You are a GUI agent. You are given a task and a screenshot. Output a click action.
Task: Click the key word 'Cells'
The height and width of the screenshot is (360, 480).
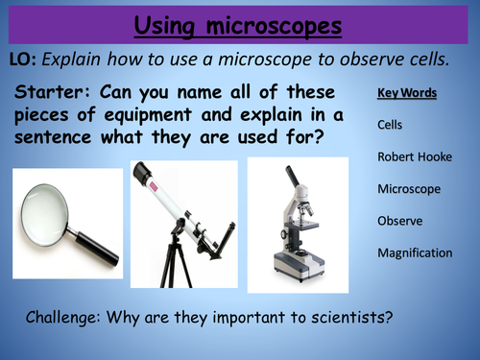(391, 125)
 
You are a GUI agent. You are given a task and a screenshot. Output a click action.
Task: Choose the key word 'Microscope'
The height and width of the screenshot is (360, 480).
(409, 189)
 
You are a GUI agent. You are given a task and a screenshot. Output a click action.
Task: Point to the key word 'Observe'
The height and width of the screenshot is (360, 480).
(400, 221)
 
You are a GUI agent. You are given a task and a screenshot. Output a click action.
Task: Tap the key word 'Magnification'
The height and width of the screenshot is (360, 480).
(415, 252)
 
